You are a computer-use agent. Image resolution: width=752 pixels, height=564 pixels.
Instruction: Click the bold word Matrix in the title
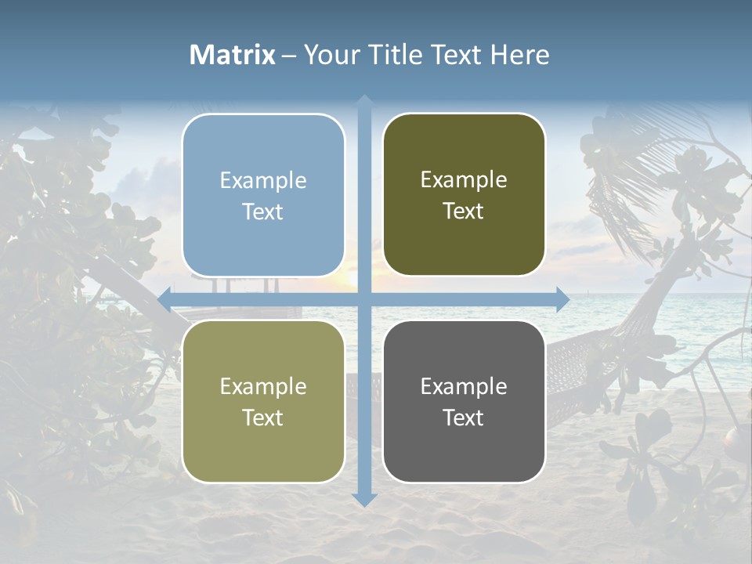pyautogui.click(x=233, y=55)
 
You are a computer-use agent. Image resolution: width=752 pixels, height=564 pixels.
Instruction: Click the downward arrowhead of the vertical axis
pyautogui.click(x=364, y=499)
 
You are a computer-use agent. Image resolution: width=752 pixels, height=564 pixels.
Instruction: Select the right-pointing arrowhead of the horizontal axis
pyautogui.click(x=562, y=299)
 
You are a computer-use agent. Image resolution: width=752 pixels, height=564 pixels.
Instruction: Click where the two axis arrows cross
pyautogui.click(x=364, y=299)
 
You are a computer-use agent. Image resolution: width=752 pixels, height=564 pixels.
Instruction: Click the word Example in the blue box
pyautogui.click(x=263, y=180)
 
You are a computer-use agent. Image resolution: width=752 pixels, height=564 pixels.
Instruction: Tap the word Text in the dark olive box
pyautogui.click(x=464, y=211)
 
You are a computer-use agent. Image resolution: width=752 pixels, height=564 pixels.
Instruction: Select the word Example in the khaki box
pyautogui.click(x=263, y=386)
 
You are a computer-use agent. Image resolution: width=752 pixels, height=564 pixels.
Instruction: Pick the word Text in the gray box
pyautogui.click(x=464, y=418)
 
